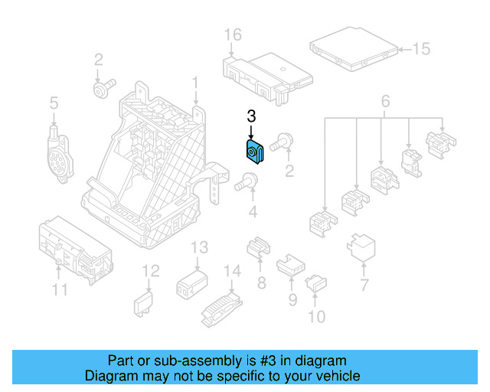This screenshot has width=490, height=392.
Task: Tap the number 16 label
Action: click(x=233, y=34)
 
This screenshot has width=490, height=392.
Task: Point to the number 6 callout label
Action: click(x=385, y=101)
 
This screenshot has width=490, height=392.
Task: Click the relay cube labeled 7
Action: click(x=362, y=247)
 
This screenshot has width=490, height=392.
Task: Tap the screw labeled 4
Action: click(x=247, y=182)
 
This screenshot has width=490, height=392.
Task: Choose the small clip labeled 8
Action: click(x=258, y=249)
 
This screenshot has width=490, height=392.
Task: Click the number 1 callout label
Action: click(x=195, y=82)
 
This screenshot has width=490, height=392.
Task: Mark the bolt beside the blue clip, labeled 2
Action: click(x=285, y=139)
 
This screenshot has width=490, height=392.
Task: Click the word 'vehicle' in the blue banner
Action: click(x=335, y=376)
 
